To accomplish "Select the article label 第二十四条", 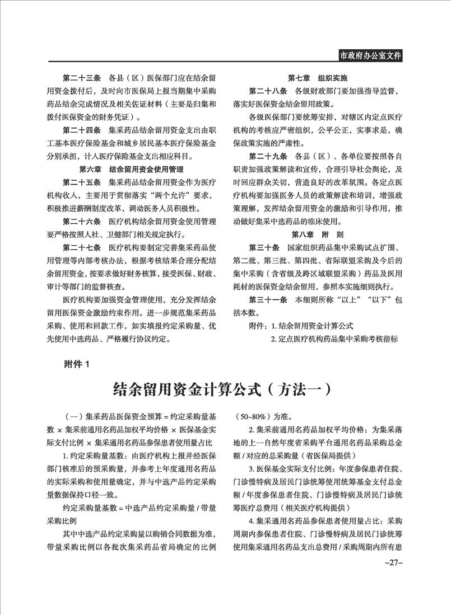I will click(83, 130).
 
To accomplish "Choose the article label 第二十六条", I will click(83, 221).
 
